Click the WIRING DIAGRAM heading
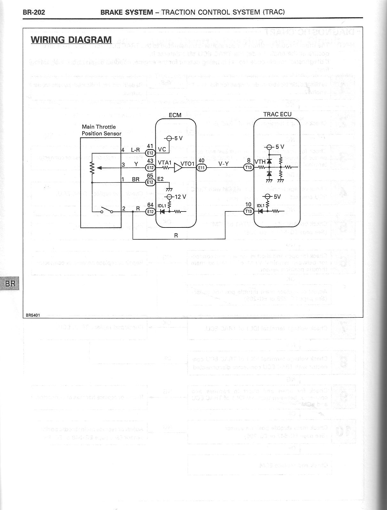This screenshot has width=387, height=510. [x=71, y=40]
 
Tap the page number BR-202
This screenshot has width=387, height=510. [x=34, y=12]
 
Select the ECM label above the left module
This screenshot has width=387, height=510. [x=175, y=115]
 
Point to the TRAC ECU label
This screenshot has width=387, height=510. [x=277, y=114]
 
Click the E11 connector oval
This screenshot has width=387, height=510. [x=201, y=167]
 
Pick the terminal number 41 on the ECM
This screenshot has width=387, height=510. [x=150, y=146]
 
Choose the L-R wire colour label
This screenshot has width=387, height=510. [x=136, y=150]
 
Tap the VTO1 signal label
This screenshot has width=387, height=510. [x=188, y=164]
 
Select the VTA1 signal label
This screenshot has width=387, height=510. [x=165, y=163]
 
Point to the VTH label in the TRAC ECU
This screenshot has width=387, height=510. [x=260, y=162]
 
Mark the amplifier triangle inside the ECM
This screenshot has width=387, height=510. [x=178, y=168]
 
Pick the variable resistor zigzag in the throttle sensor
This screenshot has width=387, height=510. [x=92, y=168]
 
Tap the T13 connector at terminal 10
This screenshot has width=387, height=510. [x=249, y=211]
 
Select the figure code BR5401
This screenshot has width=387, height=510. [x=33, y=315]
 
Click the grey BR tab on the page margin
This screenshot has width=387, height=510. [x=10, y=283]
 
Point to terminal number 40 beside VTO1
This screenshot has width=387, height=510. [x=201, y=161]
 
